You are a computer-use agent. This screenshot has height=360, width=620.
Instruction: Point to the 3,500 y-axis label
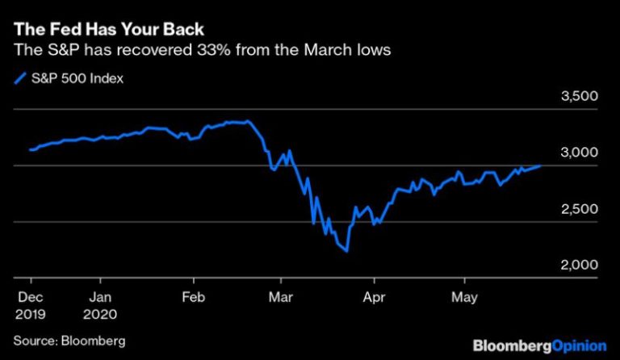click(579, 98)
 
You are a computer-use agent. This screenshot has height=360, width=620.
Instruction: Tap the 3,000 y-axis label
click(579, 153)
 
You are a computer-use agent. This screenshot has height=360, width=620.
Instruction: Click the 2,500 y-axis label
click(579, 210)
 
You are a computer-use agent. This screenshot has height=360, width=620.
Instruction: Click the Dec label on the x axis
click(27, 295)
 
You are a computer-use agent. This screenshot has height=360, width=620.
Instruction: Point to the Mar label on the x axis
click(279, 295)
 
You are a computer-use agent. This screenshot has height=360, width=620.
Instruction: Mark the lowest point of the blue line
click(346, 252)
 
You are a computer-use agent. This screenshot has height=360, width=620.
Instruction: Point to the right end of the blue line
click(541, 165)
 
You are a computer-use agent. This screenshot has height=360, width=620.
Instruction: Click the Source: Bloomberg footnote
click(69, 340)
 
